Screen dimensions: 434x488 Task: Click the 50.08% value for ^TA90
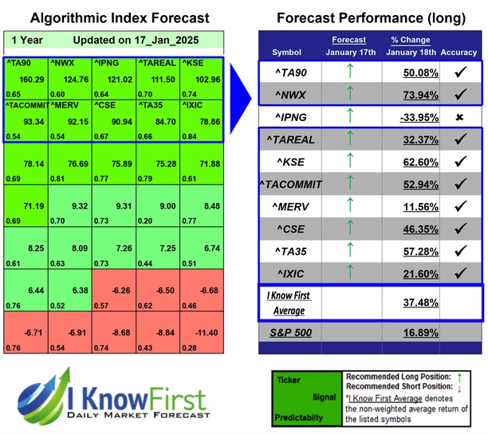[406, 73]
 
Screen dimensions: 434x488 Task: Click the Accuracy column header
[458, 53]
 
